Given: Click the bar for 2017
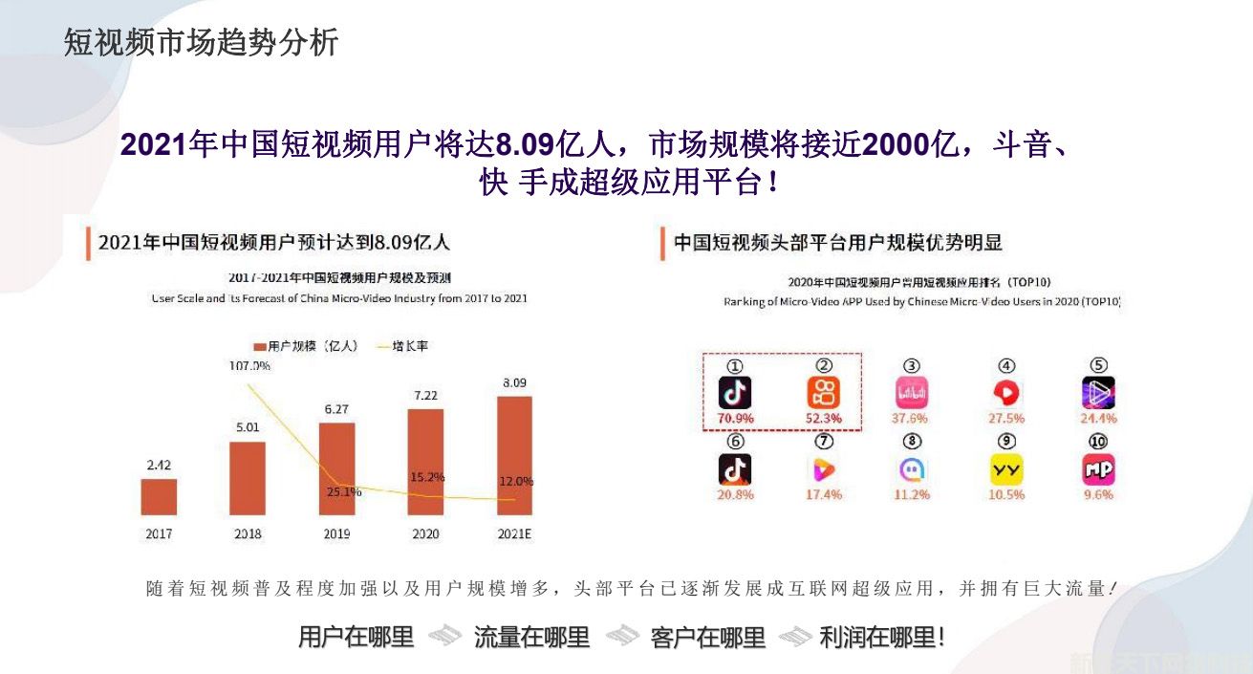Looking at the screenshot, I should [x=159, y=496].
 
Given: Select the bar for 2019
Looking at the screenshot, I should [x=336, y=468].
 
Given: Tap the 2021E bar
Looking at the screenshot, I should [x=514, y=455].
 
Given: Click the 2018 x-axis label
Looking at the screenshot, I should [x=248, y=533].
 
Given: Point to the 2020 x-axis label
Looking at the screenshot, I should [x=425, y=533].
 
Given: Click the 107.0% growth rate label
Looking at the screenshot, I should [x=249, y=365].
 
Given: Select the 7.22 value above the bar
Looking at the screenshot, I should [x=425, y=395].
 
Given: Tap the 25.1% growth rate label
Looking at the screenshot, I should [x=343, y=492].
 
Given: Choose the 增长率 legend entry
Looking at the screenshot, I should [x=409, y=346].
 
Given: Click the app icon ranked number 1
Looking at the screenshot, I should [x=735, y=392].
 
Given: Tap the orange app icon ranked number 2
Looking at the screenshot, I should [x=824, y=392].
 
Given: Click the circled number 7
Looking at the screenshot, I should [x=824, y=442].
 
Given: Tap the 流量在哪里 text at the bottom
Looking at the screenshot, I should [x=531, y=638].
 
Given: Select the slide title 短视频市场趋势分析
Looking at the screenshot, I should [x=201, y=43].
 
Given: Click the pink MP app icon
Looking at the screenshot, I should [x=1098, y=469].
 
